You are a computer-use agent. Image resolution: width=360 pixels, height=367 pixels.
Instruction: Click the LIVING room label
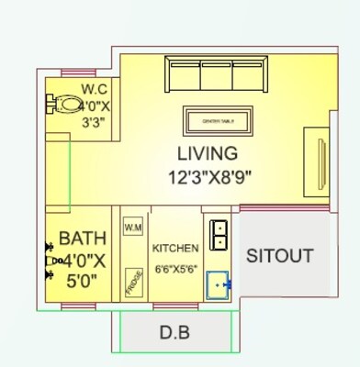click(x=208, y=153)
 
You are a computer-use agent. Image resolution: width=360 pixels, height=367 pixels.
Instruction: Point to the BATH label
click(x=82, y=239)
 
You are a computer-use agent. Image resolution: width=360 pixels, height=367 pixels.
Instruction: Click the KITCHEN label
click(x=175, y=249)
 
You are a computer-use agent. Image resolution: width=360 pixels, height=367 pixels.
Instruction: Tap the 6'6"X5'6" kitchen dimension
click(x=175, y=270)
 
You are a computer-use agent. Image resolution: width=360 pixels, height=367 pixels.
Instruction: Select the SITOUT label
click(x=279, y=256)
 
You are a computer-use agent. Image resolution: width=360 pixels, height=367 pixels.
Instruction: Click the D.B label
click(x=174, y=332)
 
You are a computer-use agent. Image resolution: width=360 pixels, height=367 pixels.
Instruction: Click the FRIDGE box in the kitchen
click(x=133, y=283)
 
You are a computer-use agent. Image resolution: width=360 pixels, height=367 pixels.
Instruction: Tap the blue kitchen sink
click(x=219, y=284)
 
